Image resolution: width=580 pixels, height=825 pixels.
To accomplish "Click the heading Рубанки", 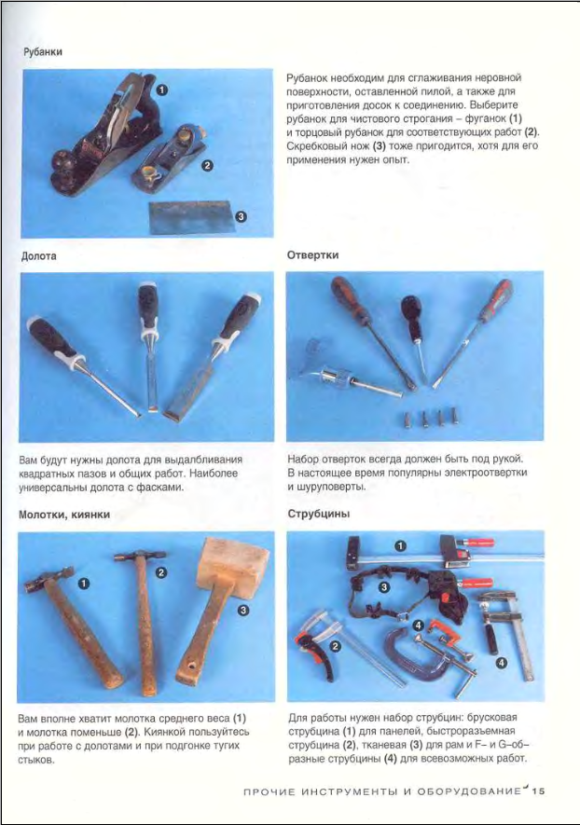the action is click(x=43, y=51).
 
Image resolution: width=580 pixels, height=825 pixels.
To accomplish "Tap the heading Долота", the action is click(x=39, y=256).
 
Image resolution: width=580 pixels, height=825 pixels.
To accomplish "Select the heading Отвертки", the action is click(x=312, y=255).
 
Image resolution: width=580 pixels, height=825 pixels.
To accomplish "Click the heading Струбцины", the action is click(x=318, y=514).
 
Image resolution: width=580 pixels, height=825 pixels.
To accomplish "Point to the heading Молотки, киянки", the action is click(x=64, y=515).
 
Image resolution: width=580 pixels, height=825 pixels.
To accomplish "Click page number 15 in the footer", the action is click(x=538, y=791).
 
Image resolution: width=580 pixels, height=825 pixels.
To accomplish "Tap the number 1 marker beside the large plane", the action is click(x=162, y=90).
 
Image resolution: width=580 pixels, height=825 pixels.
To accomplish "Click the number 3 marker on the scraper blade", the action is click(x=240, y=216).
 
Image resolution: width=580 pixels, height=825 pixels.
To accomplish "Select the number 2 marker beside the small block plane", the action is click(x=207, y=165).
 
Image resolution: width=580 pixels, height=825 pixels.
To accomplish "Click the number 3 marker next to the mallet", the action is click(x=243, y=610).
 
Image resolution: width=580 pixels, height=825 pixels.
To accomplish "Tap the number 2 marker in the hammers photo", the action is click(x=161, y=572).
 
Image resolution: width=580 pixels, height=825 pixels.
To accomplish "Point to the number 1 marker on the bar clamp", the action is click(x=401, y=546).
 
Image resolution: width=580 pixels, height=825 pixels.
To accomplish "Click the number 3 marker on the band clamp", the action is click(x=384, y=586).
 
